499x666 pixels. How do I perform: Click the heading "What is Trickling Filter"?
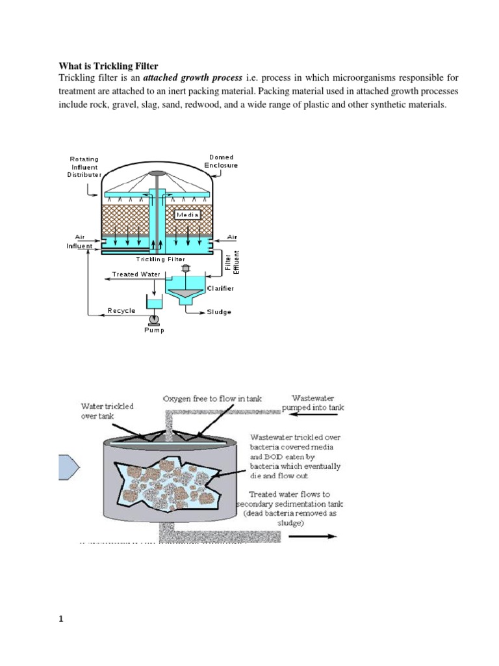(x=109, y=65)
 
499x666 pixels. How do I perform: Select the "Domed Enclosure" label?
(x=222, y=161)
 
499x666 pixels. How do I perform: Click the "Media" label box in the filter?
(x=186, y=214)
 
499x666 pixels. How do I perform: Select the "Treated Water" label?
(x=136, y=274)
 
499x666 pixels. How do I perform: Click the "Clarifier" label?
(x=222, y=287)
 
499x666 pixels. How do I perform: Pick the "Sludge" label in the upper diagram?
(x=219, y=312)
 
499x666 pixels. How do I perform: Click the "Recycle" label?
(x=122, y=311)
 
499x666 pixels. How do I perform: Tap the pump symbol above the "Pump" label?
(x=155, y=319)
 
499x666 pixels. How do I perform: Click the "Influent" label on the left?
(x=79, y=246)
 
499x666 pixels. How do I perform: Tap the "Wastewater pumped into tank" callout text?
(x=313, y=401)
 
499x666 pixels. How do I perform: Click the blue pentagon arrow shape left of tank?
(x=67, y=466)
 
